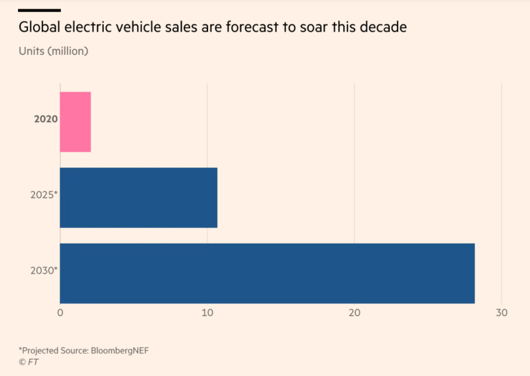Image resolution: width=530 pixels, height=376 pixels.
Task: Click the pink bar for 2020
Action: pyautogui.click(x=75, y=122)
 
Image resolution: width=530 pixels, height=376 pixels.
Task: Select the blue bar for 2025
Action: pyautogui.click(x=138, y=197)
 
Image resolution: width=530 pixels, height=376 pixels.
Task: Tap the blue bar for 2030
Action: pyautogui.click(x=267, y=273)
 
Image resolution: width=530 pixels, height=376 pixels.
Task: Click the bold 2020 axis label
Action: pyautogui.click(x=46, y=119)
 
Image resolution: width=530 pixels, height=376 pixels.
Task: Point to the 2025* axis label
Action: pyautogui.click(x=43, y=195)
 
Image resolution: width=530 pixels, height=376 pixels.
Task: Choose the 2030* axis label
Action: pyautogui.click(x=43, y=270)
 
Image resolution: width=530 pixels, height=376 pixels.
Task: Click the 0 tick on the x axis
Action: pyautogui.click(x=60, y=313)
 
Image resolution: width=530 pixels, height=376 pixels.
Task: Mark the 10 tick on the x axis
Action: pyautogui.click(x=207, y=313)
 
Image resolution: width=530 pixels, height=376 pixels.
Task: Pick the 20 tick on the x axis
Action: pyautogui.click(x=354, y=313)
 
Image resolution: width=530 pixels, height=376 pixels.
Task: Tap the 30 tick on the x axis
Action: pyautogui.click(x=501, y=313)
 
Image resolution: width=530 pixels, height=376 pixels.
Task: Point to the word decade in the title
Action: pyautogui.click(x=385, y=27)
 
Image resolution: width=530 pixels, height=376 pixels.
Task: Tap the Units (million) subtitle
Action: pyautogui.click(x=53, y=51)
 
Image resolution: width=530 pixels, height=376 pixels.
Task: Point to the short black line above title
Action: pyautogui.click(x=39, y=10)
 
